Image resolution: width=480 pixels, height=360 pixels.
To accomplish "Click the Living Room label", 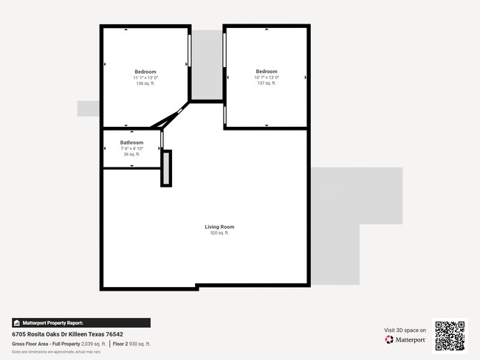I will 219,226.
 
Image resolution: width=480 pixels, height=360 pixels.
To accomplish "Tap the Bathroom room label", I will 131,142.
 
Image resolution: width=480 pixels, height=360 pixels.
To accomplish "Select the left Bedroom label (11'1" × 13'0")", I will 145,72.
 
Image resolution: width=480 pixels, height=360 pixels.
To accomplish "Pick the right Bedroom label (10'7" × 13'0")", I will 267,72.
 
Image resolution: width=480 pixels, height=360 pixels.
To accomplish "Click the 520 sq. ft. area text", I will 219,233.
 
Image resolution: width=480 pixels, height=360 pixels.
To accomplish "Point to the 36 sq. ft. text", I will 131,154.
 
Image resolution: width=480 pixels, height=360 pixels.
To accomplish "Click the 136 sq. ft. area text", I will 145,83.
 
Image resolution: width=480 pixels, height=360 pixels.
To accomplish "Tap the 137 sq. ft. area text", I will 267,83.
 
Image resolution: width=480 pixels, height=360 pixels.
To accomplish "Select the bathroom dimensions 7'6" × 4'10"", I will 131,148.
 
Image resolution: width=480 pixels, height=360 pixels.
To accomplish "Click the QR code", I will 450,336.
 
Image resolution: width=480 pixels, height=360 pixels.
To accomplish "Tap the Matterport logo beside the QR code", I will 405,340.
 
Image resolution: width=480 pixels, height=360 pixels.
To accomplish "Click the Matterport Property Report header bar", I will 81,323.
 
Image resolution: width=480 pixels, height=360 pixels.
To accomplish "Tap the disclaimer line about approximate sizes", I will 56,352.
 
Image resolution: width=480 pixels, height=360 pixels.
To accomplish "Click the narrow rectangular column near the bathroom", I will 166,168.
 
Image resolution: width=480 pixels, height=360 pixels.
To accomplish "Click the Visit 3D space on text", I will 405,330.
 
